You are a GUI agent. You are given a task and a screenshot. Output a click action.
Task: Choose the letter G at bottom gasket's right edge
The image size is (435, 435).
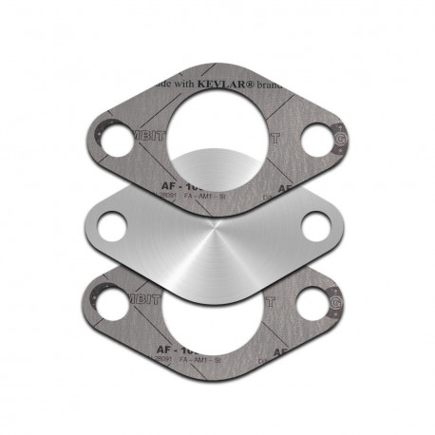339,304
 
